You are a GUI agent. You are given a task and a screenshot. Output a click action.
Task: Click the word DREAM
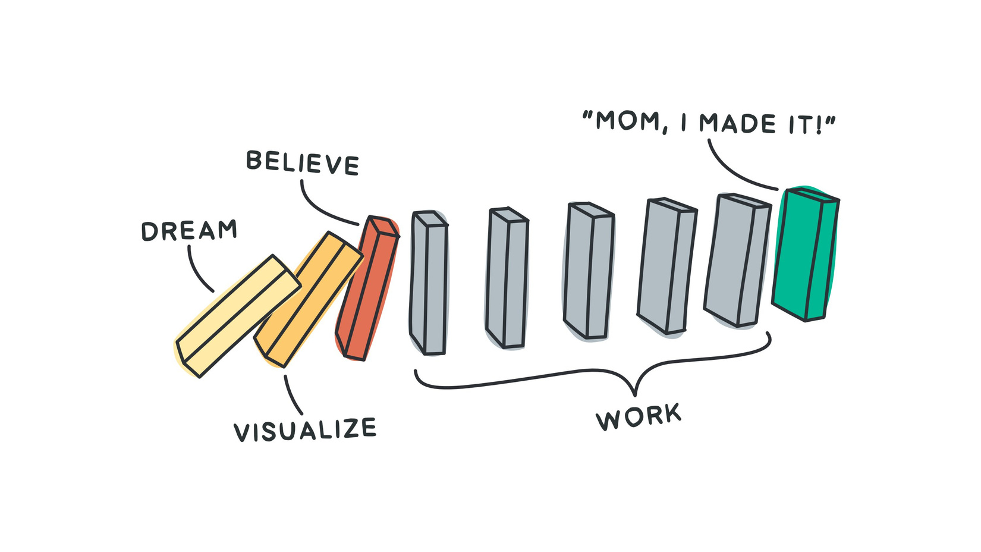(x=189, y=231)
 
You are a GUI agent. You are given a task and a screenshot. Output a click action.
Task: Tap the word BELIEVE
(x=303, y=163)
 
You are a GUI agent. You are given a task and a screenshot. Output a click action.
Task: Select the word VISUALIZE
(x=305, y=429)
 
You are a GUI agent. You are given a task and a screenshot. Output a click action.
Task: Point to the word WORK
(x=639, y=416)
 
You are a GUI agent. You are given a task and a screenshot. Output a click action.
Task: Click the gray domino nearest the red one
(x=428, y=283)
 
